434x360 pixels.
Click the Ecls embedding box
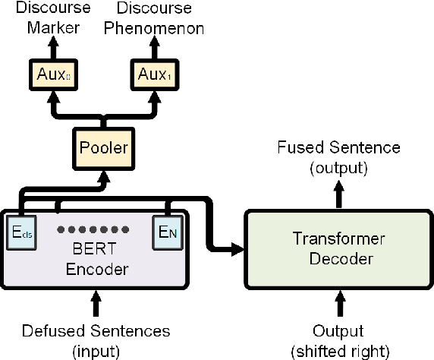point(21,230)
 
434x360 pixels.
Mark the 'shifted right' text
point(339,350)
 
